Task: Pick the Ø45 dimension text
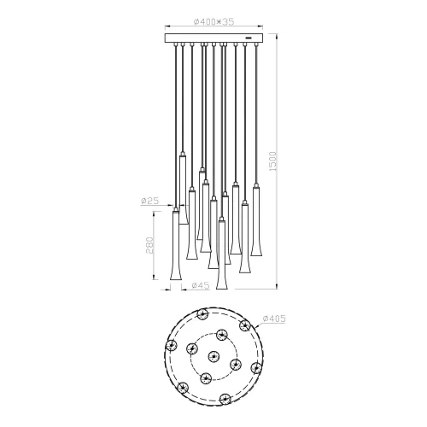[x=201, y=285]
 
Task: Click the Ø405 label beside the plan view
[x=274, y=319]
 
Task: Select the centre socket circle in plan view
[x=213, y=356]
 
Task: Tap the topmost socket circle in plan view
[x=203, y=315]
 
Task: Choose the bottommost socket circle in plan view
[x=224, y=398]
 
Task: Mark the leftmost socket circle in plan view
[x=172, y=346]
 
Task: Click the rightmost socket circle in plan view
[x=255, y=367]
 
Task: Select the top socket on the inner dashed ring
[x=222, y=334]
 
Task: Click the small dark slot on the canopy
[x=248, y=38]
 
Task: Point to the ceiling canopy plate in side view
[x=213, y=38]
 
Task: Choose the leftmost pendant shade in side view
[x=175, y=248]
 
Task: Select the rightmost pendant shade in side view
[x=255, y=213]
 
